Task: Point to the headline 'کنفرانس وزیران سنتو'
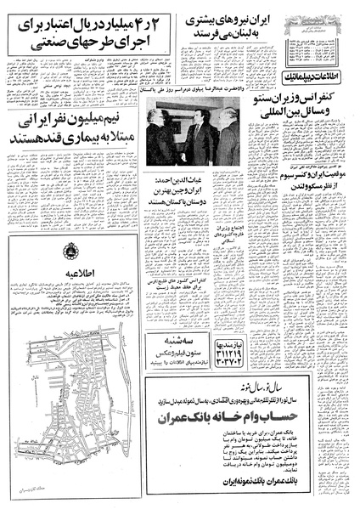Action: [x=306, y=125]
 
